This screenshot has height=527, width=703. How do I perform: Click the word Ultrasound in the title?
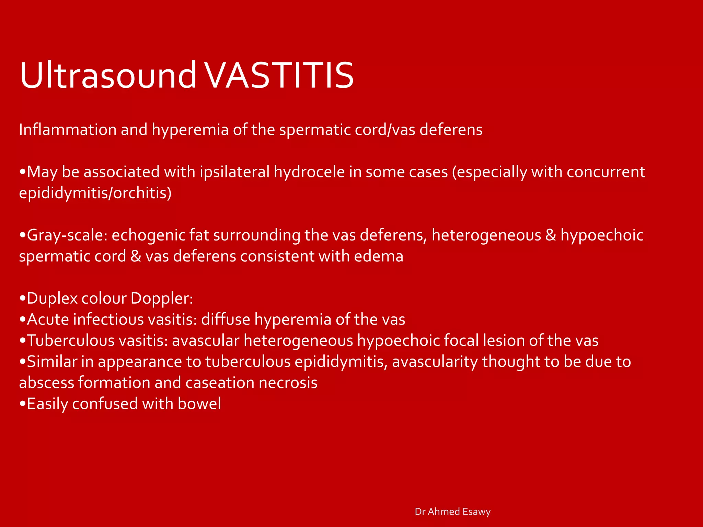pyautogui.click(x=108, y=75)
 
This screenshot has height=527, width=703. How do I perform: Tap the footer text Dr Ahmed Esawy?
pyautogui.click(x=452, y=512)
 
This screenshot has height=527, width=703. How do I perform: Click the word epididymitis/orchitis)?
pyautogui.click(x=95, y=193)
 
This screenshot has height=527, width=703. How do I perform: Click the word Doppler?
pyautogui.click(x=162, y=298)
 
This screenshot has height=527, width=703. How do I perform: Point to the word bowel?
pyautogui.click(x=199, y=404)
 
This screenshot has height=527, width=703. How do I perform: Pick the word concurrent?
pyautogui.click(x=606, y=172)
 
